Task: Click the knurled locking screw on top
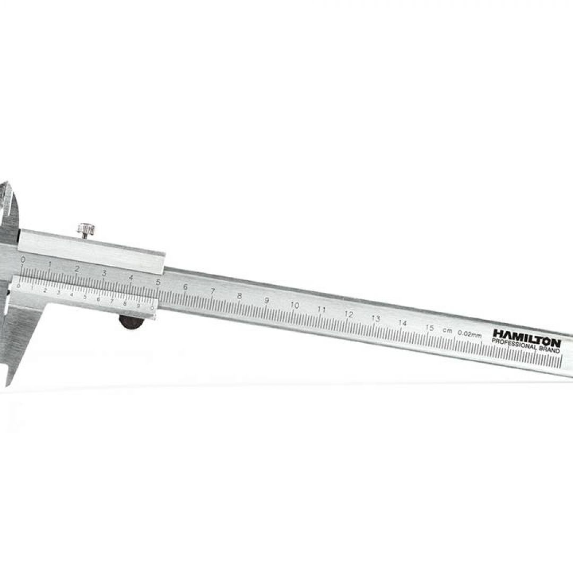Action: point(86,230)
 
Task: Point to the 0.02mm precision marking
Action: point(470,334)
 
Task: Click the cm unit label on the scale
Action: point(448,331)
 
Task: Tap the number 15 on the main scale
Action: point(430,327)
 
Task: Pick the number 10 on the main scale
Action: point(295,305)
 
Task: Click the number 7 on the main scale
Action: point(213,291)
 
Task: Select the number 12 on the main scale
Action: point(349,314)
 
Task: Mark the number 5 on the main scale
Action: point(158,282)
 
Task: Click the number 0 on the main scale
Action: point(22,260)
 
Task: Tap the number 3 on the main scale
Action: point(103,273)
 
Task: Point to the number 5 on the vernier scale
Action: point(85,297)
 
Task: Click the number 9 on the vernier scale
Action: point(138,306)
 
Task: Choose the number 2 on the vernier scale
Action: point(45,291)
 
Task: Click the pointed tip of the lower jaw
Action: point(7,382)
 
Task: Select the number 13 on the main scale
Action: point(376,318)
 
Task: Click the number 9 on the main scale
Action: point(267,300)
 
